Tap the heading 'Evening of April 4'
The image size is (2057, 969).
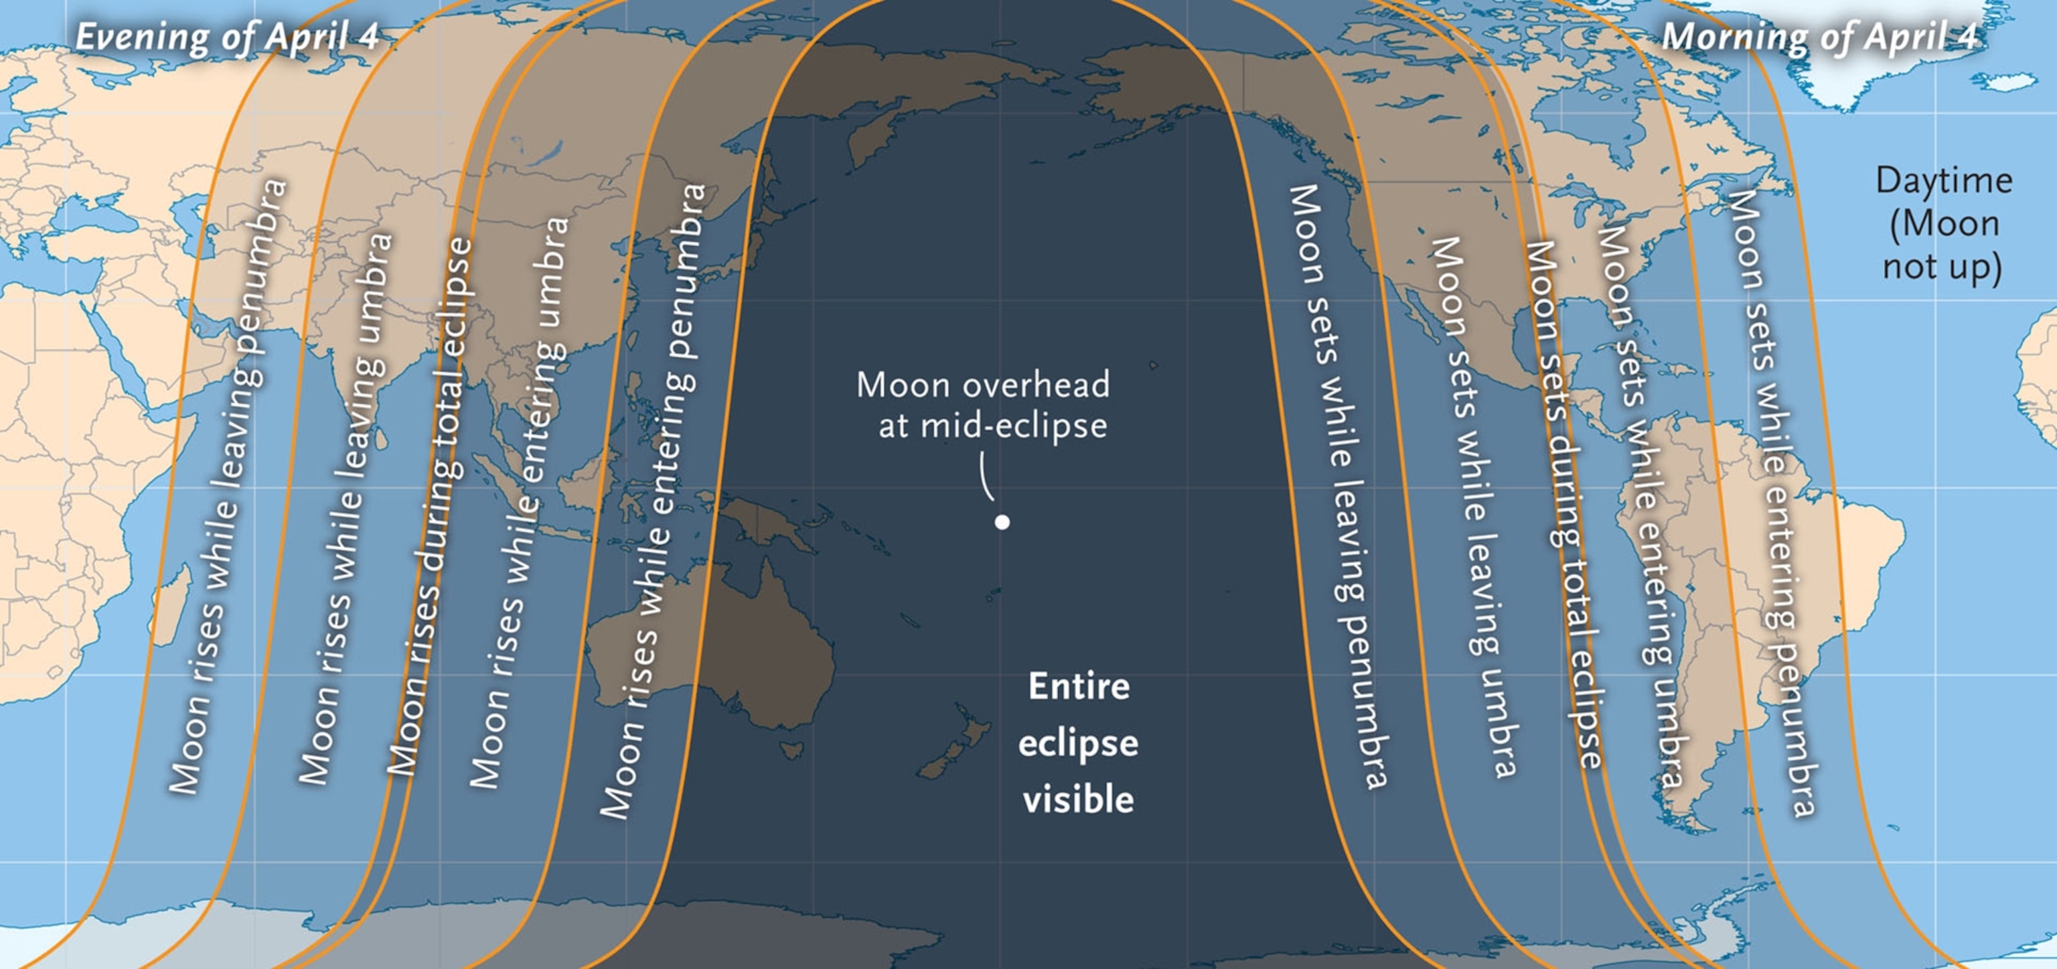click(x=226, y=38)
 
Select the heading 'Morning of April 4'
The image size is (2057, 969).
click(x=1820, y=38)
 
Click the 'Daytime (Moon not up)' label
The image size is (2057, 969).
click(x=1942, y=224)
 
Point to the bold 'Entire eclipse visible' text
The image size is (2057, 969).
click(x=1078, y=743)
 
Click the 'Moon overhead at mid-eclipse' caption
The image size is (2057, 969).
click(x=984, y=405)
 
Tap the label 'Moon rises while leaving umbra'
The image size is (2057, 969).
click(x=346, y=508)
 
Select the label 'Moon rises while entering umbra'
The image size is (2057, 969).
click(x=519, y=503)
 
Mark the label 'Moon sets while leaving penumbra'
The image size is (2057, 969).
click(x=1340, y=487)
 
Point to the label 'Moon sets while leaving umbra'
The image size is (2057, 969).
click(x=1471, y=507)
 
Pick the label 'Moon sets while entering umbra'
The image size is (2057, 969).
click(x=1639, y=507)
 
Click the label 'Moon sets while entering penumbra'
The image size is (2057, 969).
click(x=1771, y=503)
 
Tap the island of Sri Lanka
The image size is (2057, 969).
click(x=382, y=436)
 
